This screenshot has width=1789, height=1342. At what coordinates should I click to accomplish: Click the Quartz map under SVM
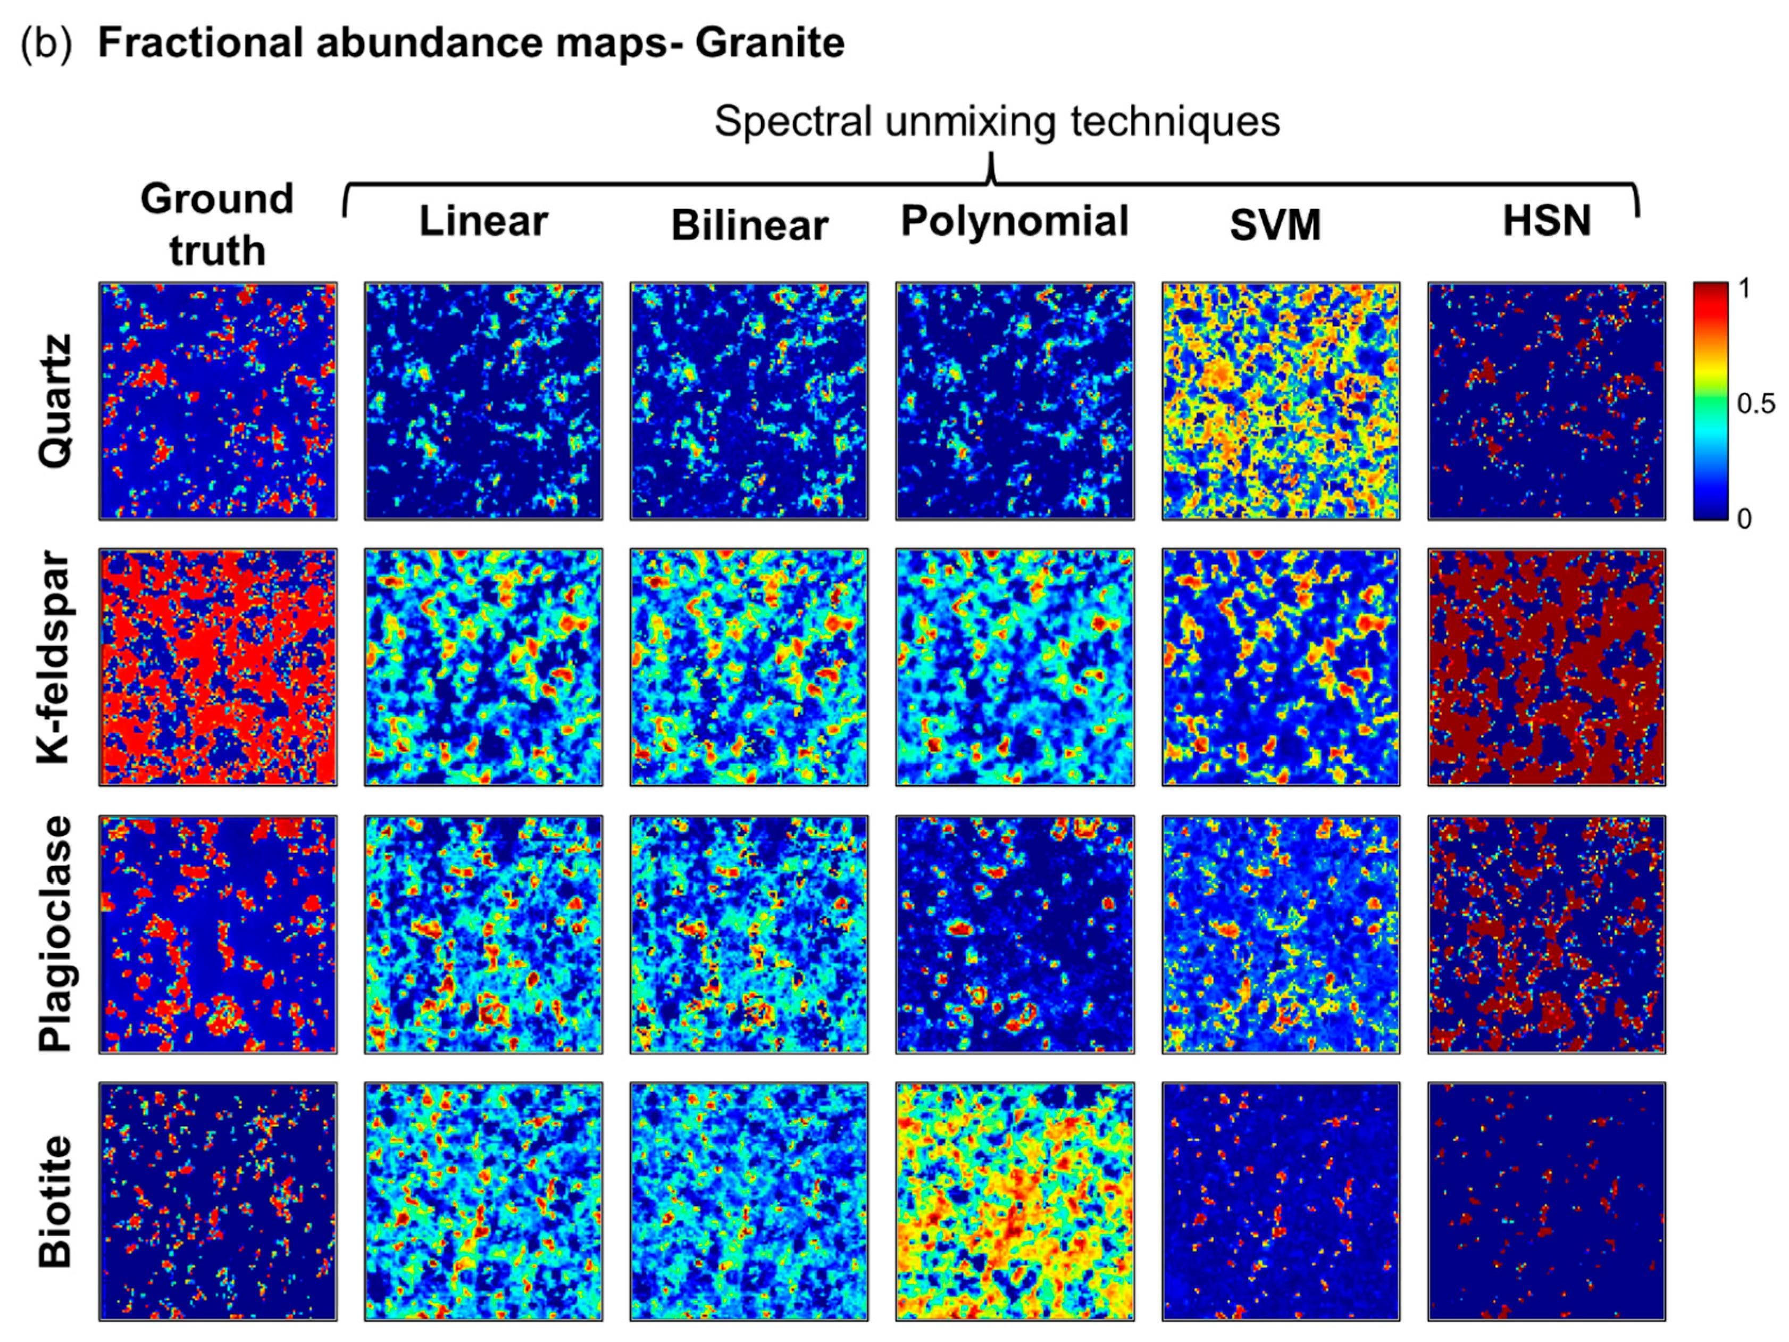[x=1280, y=401]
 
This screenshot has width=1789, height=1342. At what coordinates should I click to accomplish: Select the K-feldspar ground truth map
[x=218, y=668]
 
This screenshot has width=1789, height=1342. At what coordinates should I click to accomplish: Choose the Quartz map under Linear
[x=483, y=401]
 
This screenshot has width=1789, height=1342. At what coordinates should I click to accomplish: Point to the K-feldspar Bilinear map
[x=749, y=668]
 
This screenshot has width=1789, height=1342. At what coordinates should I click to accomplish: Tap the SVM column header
[x=1275, y=225]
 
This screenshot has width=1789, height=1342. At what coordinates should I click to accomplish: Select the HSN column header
[x=1546, y=221]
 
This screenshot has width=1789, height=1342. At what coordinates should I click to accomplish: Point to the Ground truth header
[x=217, y=224]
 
